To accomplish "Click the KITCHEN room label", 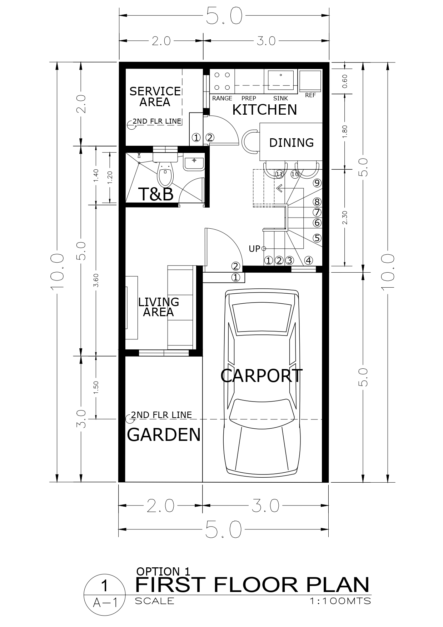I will click(264, 110).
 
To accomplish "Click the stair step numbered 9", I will click(317, 183).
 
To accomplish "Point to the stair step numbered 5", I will click(317, 238).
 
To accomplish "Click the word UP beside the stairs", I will click(254, 249).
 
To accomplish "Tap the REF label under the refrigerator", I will click(310, 95).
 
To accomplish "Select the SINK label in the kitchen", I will click(280, 98).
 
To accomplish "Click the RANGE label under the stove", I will click(222, 98).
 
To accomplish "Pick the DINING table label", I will click(291, 143).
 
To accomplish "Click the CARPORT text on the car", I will click(261, 376).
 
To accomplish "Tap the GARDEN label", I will click(164, 435).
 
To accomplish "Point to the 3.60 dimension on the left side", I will click(96, 280).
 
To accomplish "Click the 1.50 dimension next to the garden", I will click(96, 388).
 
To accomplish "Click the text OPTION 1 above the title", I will click(163, 571).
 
